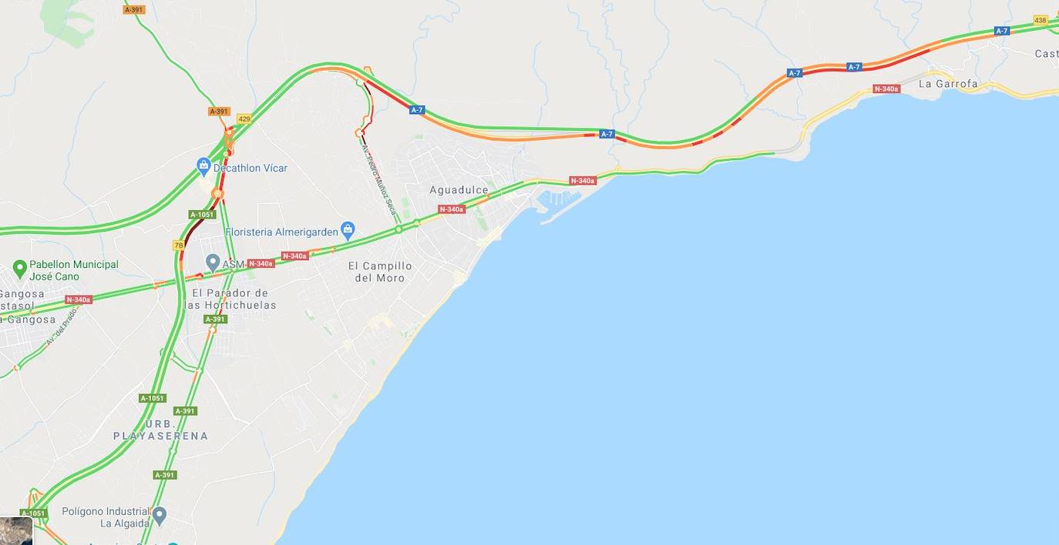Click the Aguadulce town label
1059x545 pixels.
(459, 190)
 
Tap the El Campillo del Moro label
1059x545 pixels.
(380, 272)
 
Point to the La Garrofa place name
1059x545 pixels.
(948, 84)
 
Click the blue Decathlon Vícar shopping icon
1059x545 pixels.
(203, 166)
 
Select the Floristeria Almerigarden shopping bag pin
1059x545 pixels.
(348, 230)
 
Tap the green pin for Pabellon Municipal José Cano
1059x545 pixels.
(20, 269)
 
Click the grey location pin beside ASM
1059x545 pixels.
(213, 263)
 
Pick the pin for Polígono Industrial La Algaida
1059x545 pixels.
(160, 515)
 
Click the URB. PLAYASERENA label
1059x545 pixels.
(161, 430)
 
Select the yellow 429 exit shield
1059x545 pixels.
(244, 119)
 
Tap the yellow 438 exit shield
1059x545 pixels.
(1041, 20)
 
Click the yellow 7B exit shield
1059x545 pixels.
(179, 246)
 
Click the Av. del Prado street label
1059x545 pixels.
(62, 326)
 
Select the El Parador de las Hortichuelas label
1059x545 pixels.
(230, 299)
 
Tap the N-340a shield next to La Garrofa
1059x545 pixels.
(886, 89)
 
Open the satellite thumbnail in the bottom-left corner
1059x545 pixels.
(16, 531)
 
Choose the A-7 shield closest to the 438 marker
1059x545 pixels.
(1001, 31)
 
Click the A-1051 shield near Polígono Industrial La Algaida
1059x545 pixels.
(33, 513)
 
